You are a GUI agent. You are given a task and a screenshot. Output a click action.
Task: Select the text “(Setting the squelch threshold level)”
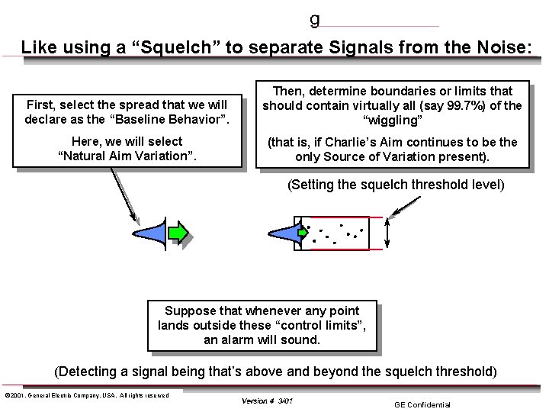point(396,185)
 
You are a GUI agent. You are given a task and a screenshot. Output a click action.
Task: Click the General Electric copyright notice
point(86,394)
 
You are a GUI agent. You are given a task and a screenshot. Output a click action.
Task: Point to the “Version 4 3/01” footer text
point(267,401)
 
